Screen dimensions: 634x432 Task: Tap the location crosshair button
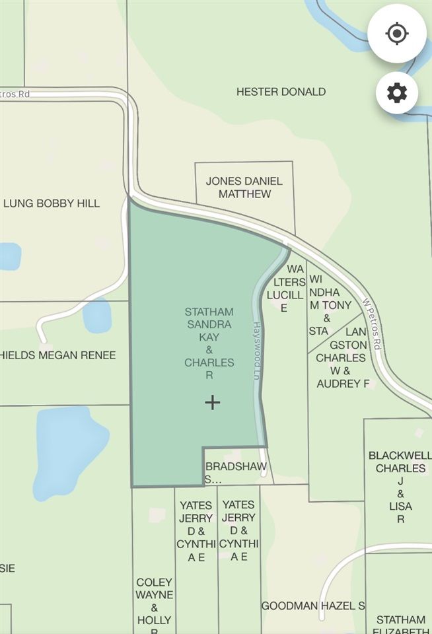tap(396, 34)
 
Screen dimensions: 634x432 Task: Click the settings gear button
tap(396, 93)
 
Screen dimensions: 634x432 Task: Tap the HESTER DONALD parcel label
tap(281, 92)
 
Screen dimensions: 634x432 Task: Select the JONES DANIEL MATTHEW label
tap(244, 188)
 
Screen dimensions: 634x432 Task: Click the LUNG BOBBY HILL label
tap(52, 203)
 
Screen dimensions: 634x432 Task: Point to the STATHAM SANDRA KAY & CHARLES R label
tap(209, 343)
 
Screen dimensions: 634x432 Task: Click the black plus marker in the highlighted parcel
tap(212, 402)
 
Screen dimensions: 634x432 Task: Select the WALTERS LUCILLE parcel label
tap(285, 289)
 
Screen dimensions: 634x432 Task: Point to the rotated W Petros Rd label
tap(372, 322)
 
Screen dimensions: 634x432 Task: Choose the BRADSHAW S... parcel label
tap(236, 473)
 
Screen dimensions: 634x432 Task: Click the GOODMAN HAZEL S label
tap(313, 606)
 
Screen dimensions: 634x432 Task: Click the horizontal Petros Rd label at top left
tap(16, 94)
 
